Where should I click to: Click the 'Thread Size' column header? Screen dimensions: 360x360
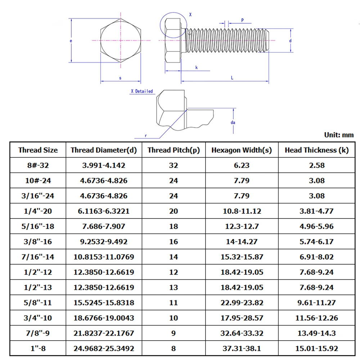[x=38, y=150]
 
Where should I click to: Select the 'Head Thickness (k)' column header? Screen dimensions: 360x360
[x=316, y=150]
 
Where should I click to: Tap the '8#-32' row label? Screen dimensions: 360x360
[x=38, y=165]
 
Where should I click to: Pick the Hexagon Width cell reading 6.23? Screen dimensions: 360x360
[x=242, y=165]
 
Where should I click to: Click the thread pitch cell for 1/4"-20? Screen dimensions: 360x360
[x=174, y=211]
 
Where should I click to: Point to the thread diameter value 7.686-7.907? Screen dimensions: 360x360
[x=104, y=226]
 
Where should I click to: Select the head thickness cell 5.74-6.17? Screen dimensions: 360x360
[x=316, y=242]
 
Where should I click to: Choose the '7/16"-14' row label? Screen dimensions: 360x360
[x=38, y=257]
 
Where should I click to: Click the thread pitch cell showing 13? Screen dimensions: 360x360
[x=174, y=287]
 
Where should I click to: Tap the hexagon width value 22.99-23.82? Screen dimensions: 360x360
[x=242, y=303]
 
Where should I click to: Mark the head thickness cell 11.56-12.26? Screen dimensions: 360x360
[x=316, y=318]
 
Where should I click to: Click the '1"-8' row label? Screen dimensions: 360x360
[x=38, y=348]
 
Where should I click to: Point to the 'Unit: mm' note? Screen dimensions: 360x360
[x=339, y=135]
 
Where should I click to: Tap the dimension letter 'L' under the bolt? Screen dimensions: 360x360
[x=232, y=78]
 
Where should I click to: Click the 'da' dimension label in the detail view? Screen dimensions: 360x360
[x=233, y=122]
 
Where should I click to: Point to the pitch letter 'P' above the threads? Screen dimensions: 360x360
[x=243, y=21]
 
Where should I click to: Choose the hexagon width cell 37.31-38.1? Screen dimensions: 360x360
[x=242, y=348]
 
